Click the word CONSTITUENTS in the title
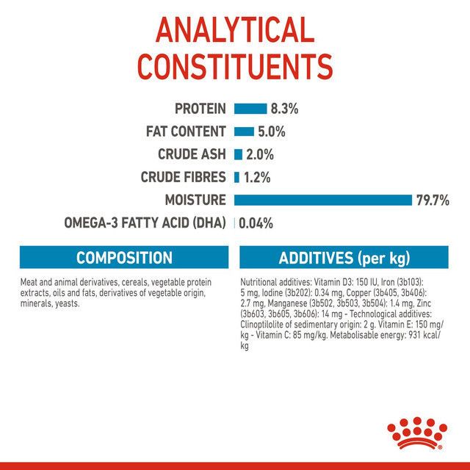[235, 65]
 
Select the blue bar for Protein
[250, 109]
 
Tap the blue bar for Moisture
[322, 200]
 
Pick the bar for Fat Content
[243, 131]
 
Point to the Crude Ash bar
[238, 154]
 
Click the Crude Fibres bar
[236, 177]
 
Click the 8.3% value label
[284, 109]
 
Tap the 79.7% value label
[433, 200]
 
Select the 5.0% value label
[271, 131]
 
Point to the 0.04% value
[256, 223]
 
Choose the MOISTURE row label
[196, 200]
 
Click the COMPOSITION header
[124, 258]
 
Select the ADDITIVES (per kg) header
[344, 258]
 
